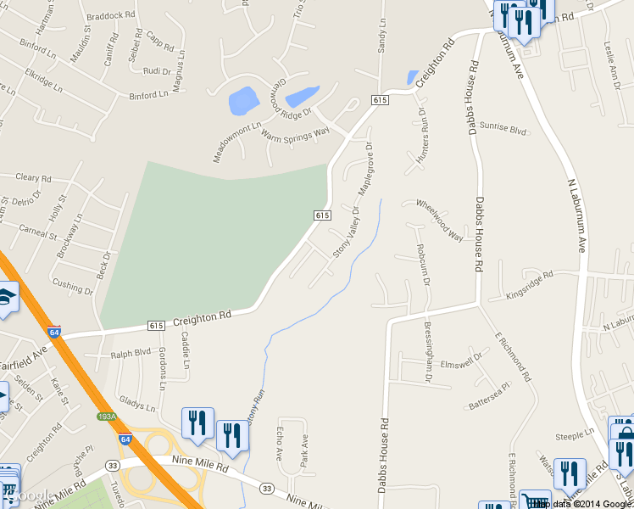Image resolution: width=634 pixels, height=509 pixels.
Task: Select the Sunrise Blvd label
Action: [x=503, y=129]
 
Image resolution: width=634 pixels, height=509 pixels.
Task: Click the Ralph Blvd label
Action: [x=130, y=352]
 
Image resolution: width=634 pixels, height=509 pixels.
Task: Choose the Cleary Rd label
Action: [x=34, y=178]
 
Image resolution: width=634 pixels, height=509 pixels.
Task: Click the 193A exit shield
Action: [x=107, y=417]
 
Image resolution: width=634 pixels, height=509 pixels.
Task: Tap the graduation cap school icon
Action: [x=7, y=296]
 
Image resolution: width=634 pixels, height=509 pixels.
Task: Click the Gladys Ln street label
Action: [x=138, y=401]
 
